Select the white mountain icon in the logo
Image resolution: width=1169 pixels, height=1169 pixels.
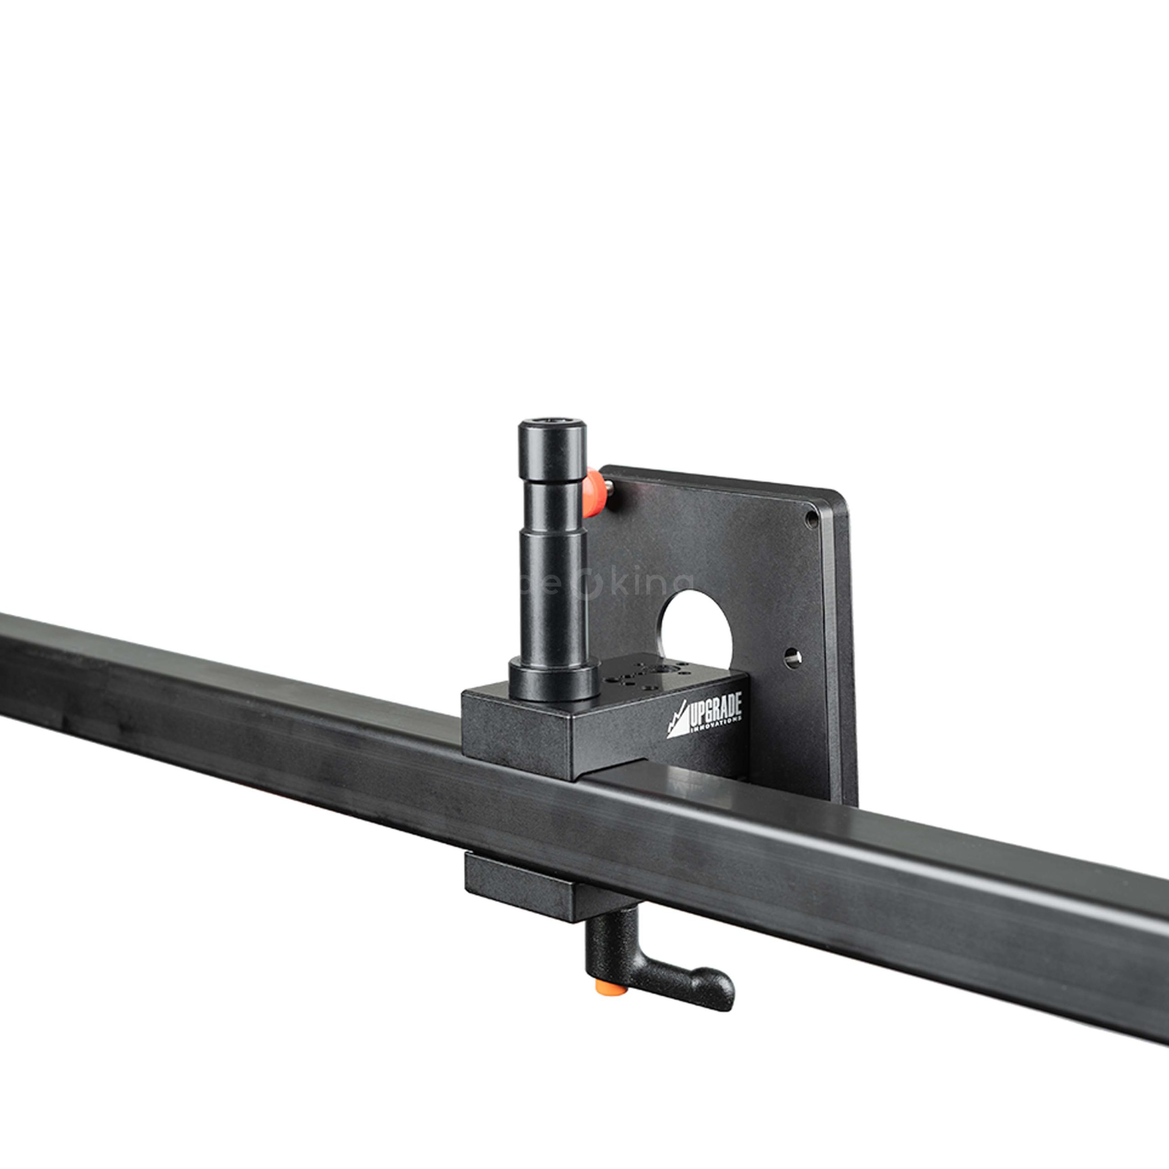pos(678,723)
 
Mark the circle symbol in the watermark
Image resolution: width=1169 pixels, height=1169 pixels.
pos(586,586)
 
